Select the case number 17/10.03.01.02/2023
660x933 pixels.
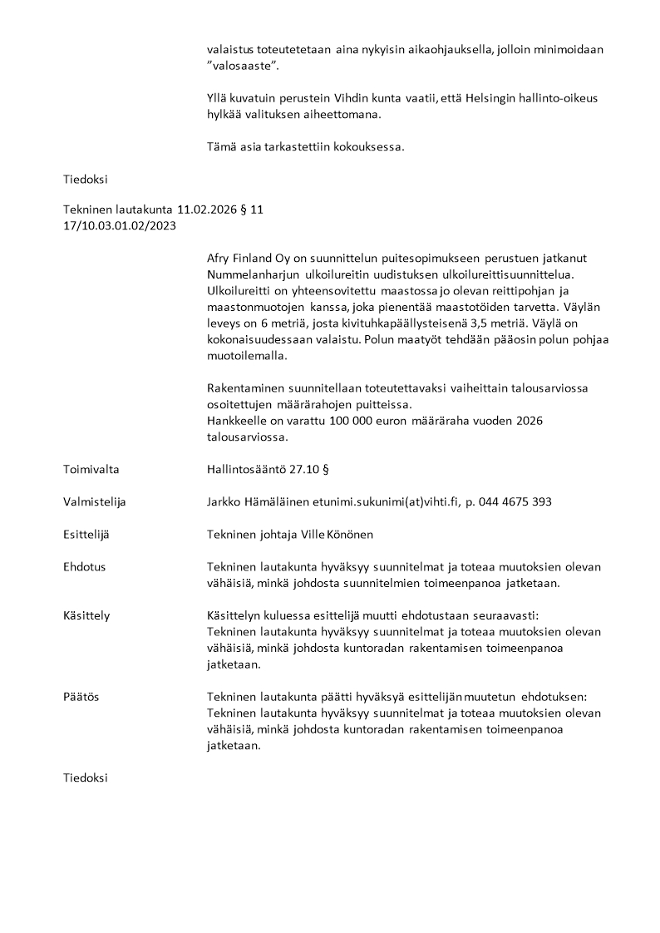120,225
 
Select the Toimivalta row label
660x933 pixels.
91,469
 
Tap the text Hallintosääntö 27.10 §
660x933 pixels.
268,469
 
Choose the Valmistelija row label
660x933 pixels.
94,501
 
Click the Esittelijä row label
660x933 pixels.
89,534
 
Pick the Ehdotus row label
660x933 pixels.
84,566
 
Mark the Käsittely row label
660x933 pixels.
86,615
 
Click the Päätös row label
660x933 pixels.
81,696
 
